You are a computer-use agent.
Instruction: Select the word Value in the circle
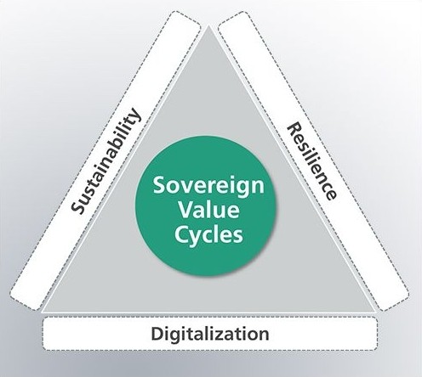[208, 211]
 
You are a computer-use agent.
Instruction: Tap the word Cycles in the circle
[208, 236]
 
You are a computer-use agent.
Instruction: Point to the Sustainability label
[105, 160]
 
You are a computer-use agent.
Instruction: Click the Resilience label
[312, 161]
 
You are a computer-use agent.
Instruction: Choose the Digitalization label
[210, 334]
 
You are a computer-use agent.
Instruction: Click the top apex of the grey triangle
[209, 25]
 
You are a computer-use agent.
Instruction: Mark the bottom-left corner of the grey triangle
[43, 312]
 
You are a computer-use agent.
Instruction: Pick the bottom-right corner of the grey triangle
[375, 312]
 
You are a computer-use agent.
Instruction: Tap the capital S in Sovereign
[160, 185]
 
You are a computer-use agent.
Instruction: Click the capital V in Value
[186, 211]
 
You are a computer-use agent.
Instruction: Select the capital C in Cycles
[182, 234]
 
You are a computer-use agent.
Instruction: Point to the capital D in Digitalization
[158, 334]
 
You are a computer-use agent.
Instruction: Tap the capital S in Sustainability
[77, 206]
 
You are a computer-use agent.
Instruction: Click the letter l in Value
[214, 211]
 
